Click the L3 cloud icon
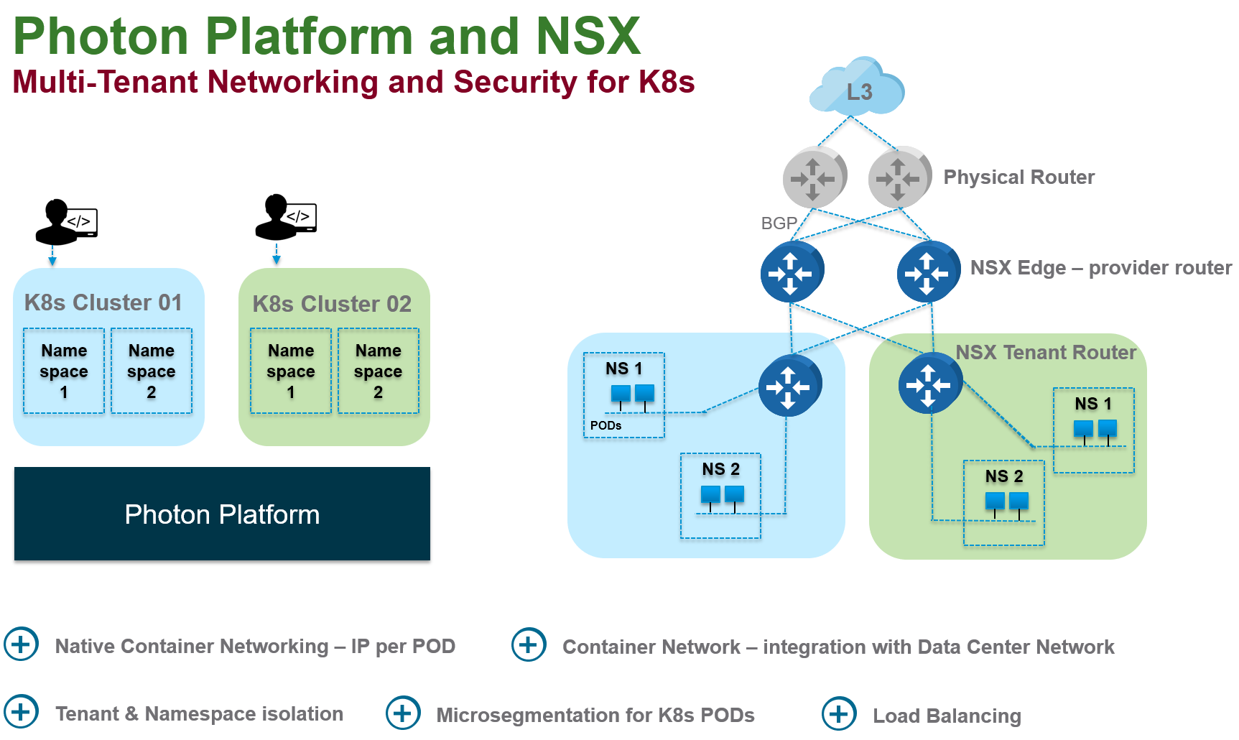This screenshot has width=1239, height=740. pyautogui.click(x=856, y=88)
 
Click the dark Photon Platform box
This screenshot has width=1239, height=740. pyautogui.click(x=222, y=514)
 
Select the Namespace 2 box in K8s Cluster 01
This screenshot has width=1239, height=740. pyautogui.click(x=152, y=371)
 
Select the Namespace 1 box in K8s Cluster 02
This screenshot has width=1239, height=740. pyautogui.click(x=291, y=371)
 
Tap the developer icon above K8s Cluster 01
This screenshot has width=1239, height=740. pyautogui.click(x=66, y=222)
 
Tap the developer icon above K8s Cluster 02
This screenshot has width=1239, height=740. pyautogui.click(x=285, y=216)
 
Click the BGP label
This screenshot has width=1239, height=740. pyautogui.click(x=779, y=223)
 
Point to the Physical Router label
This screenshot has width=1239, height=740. pyautogui.click(x=1018, y=177)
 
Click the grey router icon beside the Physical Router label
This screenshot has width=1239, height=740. pyautogui.click(x=899, y=177)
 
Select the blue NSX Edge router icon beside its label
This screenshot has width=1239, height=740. pyautogui.click(x=927, y=272)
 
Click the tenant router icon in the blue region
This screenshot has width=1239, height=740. pyautogui.click(x=789, y=386)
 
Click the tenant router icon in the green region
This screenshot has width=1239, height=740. pyautogui.click(x=929, y=384)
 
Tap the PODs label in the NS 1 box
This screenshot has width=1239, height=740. pyautogui.click(x=605, y=425)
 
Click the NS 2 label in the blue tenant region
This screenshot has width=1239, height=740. pyautogui.click(x=720, y=469)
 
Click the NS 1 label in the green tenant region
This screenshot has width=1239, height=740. pyautogui.click(x=1092, y=404)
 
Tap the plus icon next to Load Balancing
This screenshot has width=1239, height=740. pyautogui.click(x=839, y=714)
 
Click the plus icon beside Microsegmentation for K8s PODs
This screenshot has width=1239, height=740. pyautogui.click(x=403, y=713)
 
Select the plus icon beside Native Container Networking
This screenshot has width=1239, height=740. pyautogui.click(x=21, y=644)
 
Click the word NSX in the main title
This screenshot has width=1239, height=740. pyautogui.click(x=588, y=36)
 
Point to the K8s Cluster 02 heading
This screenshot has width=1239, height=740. pyautogui.click(x=332, y=304)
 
